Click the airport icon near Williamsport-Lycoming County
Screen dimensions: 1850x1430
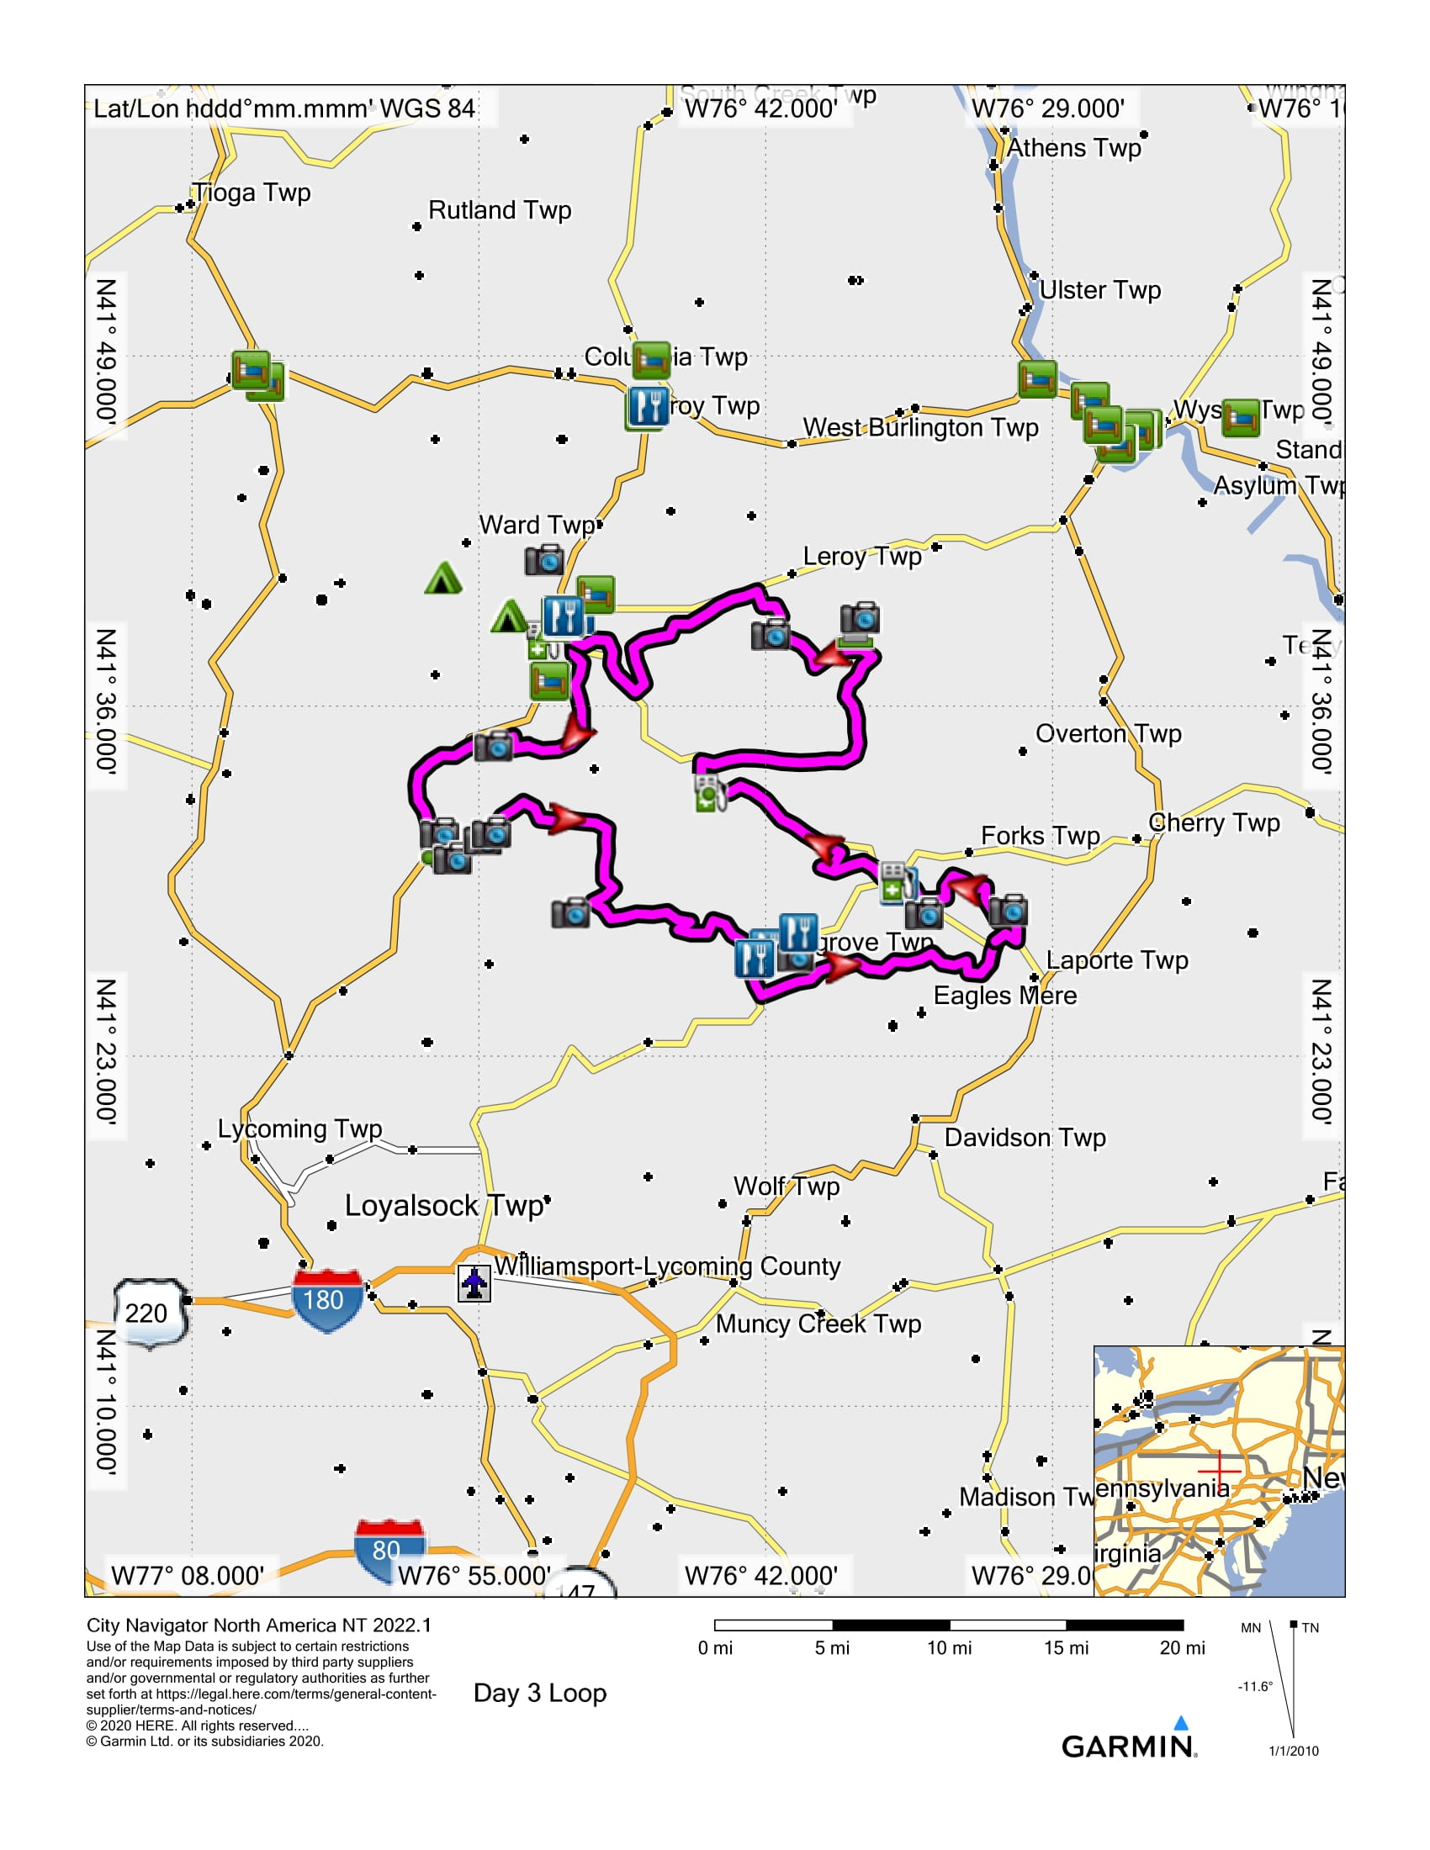474,1282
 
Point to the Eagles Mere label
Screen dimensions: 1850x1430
1004,996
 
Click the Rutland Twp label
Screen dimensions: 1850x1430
499,210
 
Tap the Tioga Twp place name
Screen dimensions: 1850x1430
252,193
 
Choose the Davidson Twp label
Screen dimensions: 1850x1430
1025,1138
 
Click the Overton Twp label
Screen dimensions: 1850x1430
1108,733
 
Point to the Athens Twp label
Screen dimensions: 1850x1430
1073,148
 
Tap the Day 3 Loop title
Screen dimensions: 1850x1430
540,1693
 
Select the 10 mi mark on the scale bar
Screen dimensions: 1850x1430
949,1647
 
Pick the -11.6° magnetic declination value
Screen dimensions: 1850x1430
1255,1687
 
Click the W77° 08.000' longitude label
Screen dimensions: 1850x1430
188,1576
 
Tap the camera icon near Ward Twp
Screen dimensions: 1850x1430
544,560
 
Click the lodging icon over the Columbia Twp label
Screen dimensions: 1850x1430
651,359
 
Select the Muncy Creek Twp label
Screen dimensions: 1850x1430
818,1323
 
